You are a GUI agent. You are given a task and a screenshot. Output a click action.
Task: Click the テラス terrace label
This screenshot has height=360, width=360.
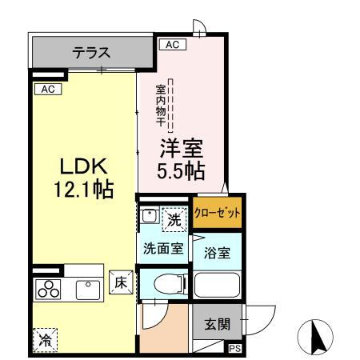(x=91, y=54)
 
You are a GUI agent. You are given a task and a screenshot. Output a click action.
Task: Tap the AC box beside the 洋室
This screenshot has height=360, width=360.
(x=171, y=45)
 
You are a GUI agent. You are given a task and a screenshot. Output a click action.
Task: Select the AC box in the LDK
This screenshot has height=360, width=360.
(x=47, y=89)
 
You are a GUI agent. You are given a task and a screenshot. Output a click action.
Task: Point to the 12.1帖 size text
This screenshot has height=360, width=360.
(x=82, y=190)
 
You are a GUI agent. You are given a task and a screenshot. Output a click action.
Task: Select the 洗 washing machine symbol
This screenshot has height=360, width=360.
(x=174, y=216)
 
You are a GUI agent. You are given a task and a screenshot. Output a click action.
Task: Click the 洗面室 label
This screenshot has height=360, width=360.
(x=163, y=248)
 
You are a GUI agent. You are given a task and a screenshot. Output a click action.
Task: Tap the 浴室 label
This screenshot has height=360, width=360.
(x=218, y=253)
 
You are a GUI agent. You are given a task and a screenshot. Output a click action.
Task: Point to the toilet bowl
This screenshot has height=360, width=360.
(x=164, y=283)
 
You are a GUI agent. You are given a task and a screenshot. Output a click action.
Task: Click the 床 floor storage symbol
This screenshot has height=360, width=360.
(x=121, y=282)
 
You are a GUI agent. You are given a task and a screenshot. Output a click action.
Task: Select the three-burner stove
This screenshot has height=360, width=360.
(x=46, y=290)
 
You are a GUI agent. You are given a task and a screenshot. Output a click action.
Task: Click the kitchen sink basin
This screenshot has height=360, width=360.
(x=86, y=290)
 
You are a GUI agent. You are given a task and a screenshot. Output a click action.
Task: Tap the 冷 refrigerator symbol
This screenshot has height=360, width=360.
(x=45, y=339)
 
